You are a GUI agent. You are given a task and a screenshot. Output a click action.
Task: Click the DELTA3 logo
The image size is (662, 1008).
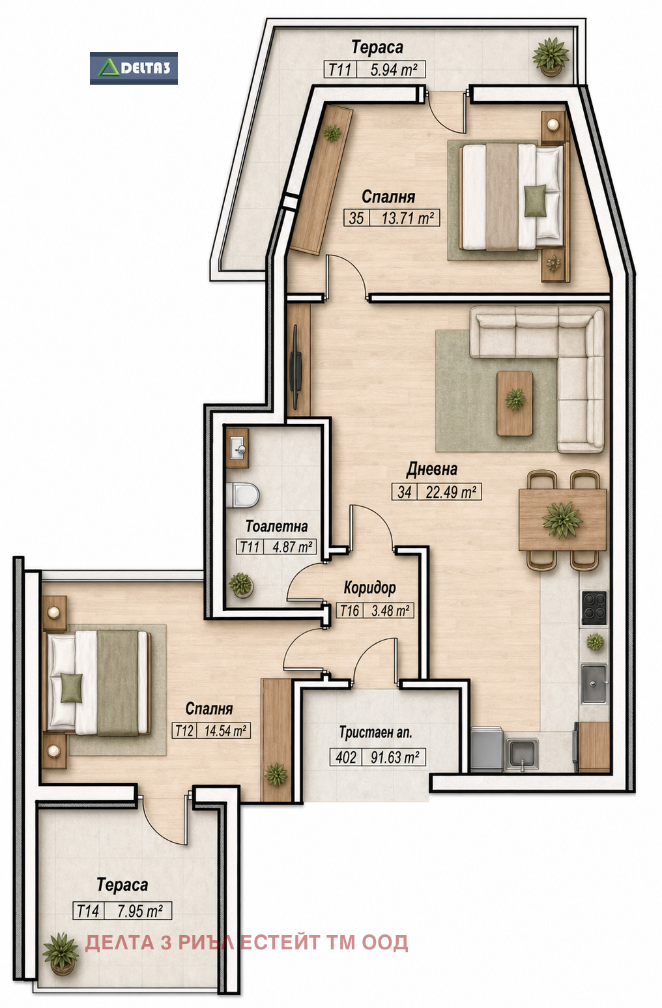click(x=134, y=68)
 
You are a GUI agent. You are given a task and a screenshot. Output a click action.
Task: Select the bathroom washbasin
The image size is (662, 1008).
click(x=237, y=448)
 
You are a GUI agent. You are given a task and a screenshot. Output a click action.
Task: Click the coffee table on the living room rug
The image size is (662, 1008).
click(x=514, y=403)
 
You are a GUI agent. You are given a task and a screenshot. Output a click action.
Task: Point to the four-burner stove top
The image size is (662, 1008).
click(x=594, y=607)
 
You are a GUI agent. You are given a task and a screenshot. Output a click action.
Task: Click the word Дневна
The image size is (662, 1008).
click(x=431, y=469)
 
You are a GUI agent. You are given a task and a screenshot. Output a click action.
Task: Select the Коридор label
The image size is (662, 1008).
click(x=370, y=587)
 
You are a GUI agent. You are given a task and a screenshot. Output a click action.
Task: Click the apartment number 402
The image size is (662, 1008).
click(x=345, y=757)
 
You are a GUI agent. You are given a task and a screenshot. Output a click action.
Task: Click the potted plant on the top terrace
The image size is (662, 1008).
click(x=551, y=56)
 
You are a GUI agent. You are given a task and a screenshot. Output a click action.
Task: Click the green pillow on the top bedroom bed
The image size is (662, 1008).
click(x=535, y=200)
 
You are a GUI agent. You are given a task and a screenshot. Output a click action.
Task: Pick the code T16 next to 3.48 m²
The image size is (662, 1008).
click(x=350, y=611)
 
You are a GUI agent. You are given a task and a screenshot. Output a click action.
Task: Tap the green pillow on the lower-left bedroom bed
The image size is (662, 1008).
click(x=72, y=687)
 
